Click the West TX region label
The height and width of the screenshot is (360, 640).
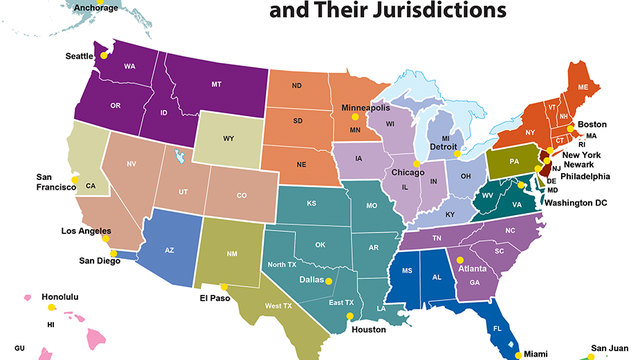[279, 304]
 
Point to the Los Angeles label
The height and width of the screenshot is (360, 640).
[85, 231]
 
